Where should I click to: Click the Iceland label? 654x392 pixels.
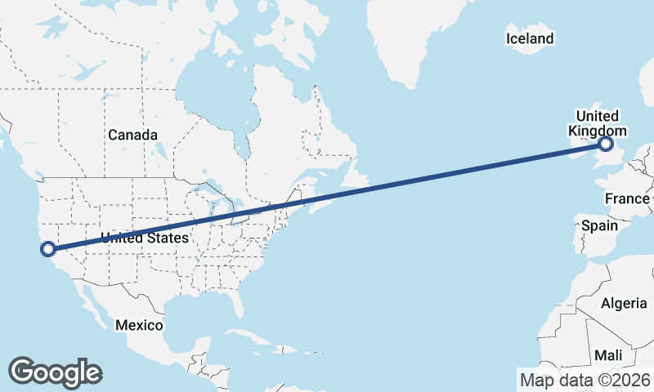point(530,38)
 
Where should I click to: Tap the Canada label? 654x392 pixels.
point(132,134)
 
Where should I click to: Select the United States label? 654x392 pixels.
point(144,238)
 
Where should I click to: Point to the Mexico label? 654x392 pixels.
point(139,325)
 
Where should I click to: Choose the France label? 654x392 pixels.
point(627,198)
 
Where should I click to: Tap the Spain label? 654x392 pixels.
point(599,225)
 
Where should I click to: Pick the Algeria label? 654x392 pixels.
point(624,303)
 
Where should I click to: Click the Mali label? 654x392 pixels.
point(607,355)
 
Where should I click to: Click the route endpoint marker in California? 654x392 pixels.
point(47,248)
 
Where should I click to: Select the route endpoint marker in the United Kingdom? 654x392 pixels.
point(606,145)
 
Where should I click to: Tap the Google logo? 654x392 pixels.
point(55,372)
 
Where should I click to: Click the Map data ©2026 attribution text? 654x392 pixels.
point(585,379)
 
